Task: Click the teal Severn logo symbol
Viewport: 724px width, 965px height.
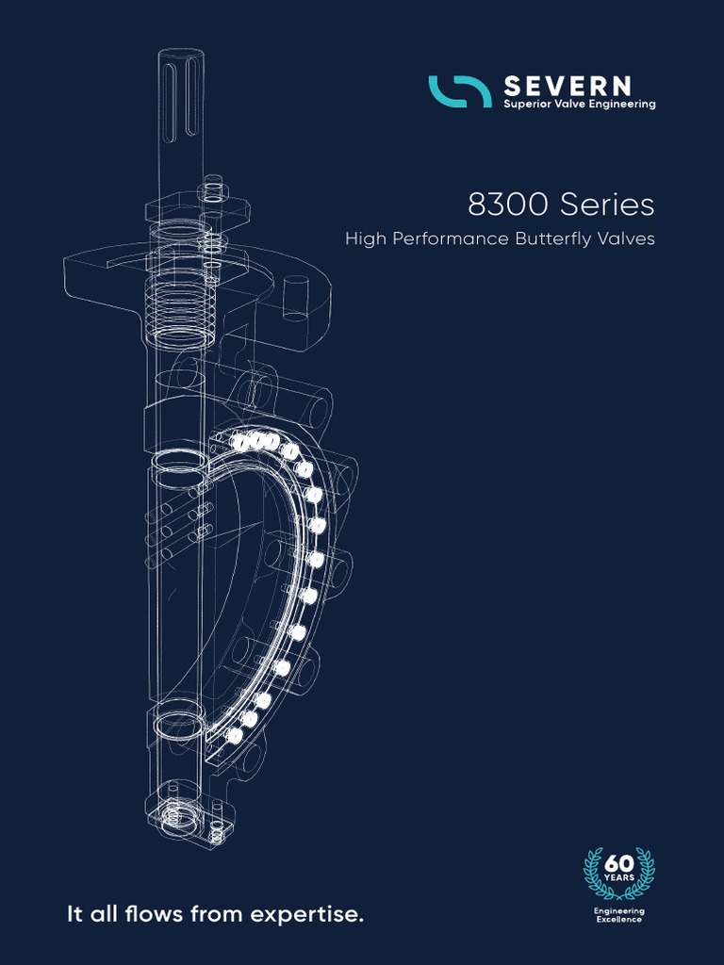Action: [460, 91]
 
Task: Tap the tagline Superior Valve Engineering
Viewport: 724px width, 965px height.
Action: [579, 105]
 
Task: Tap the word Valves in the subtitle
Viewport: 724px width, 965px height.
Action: [628, 239]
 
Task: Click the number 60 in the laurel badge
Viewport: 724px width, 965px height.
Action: [618, 863]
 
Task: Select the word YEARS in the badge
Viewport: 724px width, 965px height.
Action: [618, 878]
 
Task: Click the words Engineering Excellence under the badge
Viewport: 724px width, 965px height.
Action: [618, 915]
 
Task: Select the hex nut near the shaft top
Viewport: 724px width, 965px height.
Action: [215, 188]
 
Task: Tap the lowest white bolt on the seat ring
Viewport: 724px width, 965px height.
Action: [235, 734]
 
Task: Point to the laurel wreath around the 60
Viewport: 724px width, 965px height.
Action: [594, 872]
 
